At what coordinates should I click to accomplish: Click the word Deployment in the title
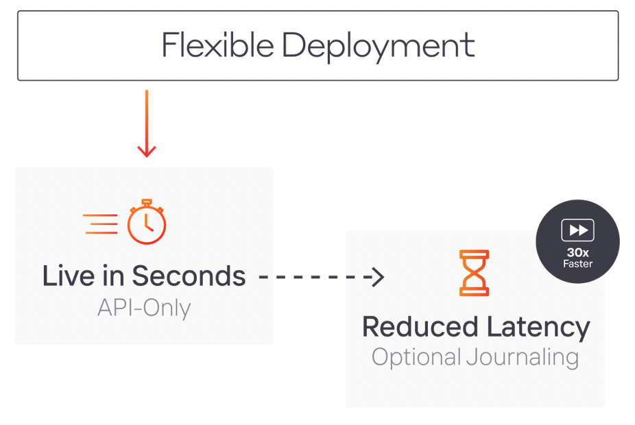[x=378, y=47]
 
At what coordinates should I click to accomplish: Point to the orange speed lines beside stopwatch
[x=100, y=224]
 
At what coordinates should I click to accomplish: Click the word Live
[x=67, y=276]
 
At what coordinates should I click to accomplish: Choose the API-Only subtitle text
[x=144, y=308]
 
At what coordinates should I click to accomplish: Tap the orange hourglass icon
[x=475, y=273]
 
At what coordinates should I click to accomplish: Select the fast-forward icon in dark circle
[x=577, y=230]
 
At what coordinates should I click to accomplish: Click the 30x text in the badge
[x=578, y=252]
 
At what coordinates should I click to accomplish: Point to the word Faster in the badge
[x=578, y=264]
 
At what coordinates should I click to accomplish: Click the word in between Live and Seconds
[x=113, y=276]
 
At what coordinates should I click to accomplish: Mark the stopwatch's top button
[x=147, y=202]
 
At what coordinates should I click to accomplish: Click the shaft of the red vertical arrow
[x=147, y=117]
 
